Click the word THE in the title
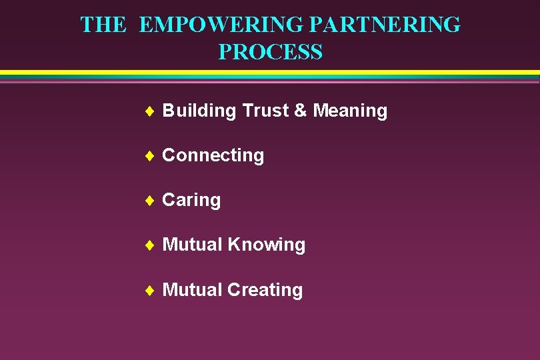click(x=103, y=25)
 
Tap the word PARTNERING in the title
click(x=385, y=25)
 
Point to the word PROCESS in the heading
click(x=270, y=52)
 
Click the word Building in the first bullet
click(x=199, y=111)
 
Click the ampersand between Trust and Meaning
click(x=301, y=110)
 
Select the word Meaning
click(x=350, y=110)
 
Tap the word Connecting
click(x=213, y=155)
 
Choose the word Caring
click(x=191, y=200)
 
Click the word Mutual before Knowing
click(x=192, y=245)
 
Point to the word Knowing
click(x=267, y=245)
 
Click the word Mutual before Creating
click(x=192, y=290)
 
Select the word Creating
click(x=265, y=290)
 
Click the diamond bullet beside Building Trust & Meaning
click(x=149, y=111)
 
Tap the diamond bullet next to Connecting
click(x=149, y=155)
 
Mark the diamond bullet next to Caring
click(x=149, y=200)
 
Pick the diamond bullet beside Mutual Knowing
click(x=149, y=245)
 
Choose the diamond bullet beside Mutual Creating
click(x=149, y=290)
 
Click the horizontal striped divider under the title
click(x=270, y=76)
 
